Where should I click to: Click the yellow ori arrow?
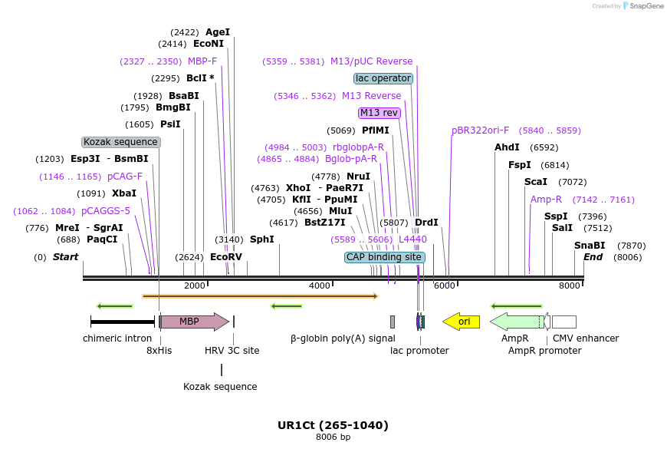point(462,322)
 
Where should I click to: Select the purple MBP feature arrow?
point(194,322)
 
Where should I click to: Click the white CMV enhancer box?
point(564,322)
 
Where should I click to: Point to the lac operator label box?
point(383,78)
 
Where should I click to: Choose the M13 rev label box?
point(379,113)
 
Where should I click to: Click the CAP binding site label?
point(384,257)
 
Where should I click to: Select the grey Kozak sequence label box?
point(121,142)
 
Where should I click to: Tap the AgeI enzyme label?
point(218,32)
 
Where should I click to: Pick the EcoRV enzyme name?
point(226,257)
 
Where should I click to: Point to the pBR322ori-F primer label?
point(480,130)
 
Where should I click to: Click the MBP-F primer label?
point(202,61)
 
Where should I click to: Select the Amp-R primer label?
point(546,200)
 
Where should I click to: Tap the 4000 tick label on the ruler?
point(320,286)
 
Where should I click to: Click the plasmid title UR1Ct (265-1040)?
point(333,425)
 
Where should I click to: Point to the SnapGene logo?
point(641,6)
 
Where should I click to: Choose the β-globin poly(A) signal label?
point(343,338)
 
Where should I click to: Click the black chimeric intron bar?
point(123,322)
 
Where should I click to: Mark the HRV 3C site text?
point(232,351)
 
